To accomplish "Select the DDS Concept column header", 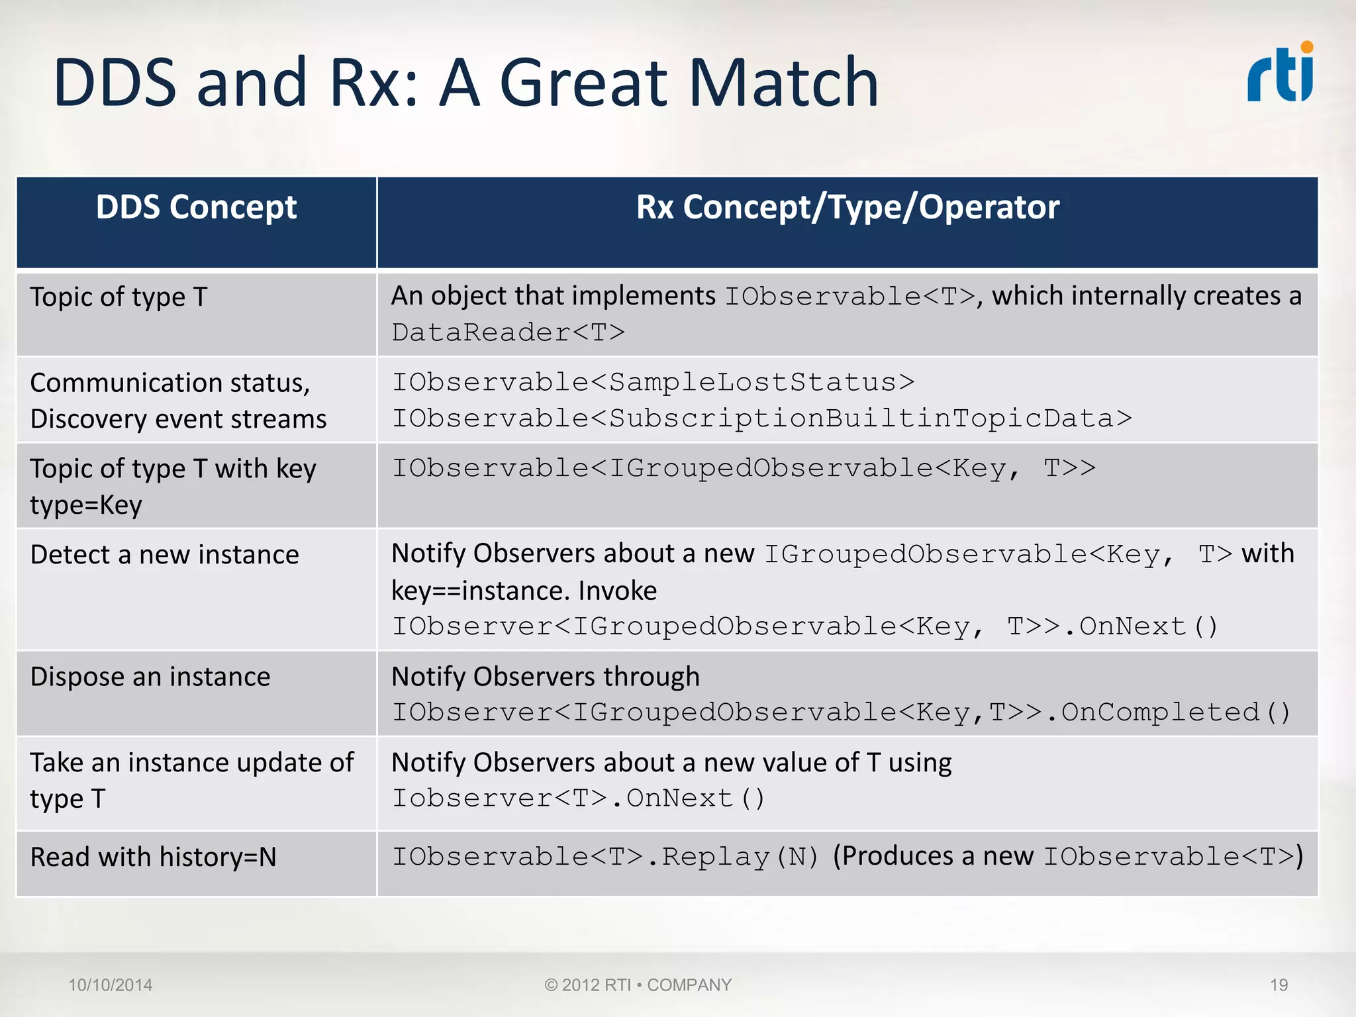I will coord(196,207).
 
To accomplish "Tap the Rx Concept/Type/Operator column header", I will coord(847,207).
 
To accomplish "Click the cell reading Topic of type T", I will coord(119,297).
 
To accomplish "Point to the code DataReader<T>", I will coord(508,332).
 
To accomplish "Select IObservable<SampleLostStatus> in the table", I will coord(653,382).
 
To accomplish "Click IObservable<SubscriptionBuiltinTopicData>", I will coord(761,418).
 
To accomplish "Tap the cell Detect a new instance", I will coord(164,555).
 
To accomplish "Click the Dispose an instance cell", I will coord(150,677).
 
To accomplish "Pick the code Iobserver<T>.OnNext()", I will coord(578,799).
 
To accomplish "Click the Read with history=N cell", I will coord(153,857).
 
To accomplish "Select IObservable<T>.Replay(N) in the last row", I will coord(605,857).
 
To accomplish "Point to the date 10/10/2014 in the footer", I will coord(111,985).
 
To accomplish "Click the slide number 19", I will coord(1279,985).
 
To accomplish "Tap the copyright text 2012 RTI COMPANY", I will coord(638,985).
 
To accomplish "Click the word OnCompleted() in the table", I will coord(1176,713).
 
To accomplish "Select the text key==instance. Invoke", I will coord(524,591).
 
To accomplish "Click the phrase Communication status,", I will coord(170,383).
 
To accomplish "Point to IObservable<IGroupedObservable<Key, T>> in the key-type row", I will coord(743,469).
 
